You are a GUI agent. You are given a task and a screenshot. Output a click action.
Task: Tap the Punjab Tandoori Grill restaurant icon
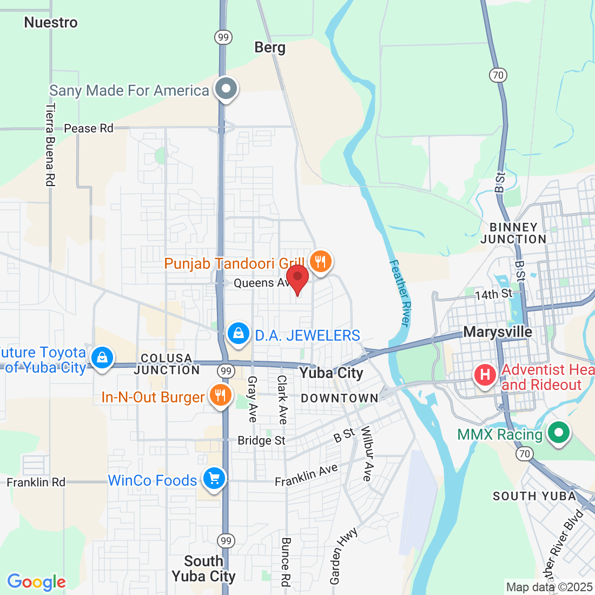321,261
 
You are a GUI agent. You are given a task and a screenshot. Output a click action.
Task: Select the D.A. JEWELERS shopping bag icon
238,333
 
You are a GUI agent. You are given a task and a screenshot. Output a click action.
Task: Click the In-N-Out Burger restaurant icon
220,395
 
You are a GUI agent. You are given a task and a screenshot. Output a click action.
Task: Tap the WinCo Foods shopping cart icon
214,478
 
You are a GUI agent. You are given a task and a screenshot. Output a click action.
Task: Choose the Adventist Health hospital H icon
485,374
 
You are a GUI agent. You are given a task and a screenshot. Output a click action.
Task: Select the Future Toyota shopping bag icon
102,358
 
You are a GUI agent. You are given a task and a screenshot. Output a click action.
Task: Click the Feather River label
401,293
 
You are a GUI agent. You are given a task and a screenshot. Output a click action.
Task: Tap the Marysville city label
498,332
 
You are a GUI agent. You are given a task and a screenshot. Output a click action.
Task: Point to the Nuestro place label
51,23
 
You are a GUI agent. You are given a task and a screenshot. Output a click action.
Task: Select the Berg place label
270,48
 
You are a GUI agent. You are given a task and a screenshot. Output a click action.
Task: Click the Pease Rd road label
89,128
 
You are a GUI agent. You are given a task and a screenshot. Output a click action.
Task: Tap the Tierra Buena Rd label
50,145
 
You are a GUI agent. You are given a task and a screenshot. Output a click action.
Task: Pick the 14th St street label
493,294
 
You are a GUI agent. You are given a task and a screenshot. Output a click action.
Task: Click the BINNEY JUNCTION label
513,233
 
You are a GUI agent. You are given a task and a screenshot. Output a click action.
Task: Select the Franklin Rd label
36,482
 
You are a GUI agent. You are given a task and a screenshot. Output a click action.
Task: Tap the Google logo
36,582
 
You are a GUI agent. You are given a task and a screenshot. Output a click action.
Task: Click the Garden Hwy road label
343,557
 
